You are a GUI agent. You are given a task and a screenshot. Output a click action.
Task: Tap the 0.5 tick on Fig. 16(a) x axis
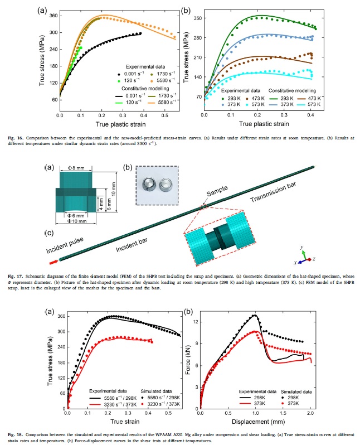tap(164, 115)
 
